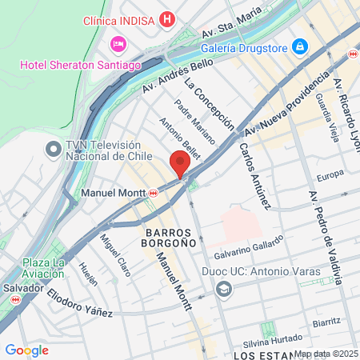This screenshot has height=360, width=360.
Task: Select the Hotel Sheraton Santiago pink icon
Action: click(x=119, y=42)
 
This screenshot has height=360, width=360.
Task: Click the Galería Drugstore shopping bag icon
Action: click(x=299, y=46)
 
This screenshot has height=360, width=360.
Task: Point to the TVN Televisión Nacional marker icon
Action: click(x=54, y=150)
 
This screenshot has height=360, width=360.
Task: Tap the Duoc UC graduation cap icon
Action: click(x=224, y=288)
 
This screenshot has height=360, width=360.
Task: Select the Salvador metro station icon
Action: click(x=14, y=299)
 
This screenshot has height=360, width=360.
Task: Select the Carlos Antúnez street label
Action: click(x=255, y=177)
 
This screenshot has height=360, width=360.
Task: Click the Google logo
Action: click(x=26, y=350)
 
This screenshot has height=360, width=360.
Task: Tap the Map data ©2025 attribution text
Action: click(x=326, y=354)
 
